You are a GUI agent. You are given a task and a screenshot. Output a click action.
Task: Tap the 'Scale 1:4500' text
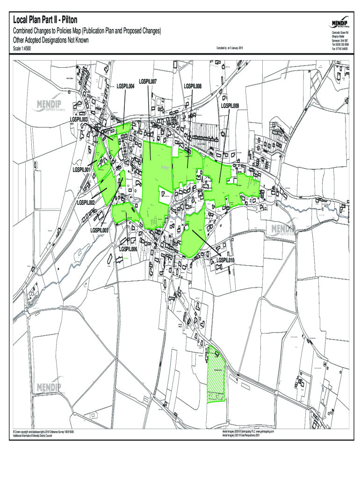coord(22,48)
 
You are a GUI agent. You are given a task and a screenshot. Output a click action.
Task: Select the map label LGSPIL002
coord(86,203)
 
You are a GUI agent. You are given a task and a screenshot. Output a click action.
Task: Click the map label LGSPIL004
coord(126,86)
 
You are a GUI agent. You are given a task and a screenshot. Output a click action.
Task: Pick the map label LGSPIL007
coord(148,81)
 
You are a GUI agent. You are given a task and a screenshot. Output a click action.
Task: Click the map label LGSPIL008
coord(193,86)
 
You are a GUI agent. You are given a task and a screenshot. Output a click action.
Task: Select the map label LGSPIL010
coord(225,260)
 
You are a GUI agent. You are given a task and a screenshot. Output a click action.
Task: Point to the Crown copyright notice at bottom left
coord(44,434)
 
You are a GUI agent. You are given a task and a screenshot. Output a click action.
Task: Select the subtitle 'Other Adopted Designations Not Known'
coord(50,40)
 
